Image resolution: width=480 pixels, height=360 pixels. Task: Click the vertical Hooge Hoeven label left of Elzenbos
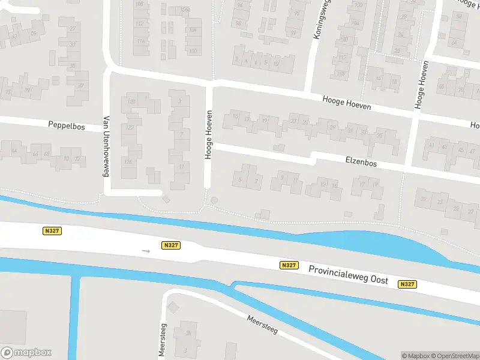[209, 134]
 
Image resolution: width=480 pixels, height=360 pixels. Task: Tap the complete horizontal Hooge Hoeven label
[347, 103]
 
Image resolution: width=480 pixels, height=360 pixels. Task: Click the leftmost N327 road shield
[52, 230]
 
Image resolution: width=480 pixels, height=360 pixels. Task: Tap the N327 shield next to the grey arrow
[171, 245]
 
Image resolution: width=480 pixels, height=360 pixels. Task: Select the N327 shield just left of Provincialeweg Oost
[288, 265]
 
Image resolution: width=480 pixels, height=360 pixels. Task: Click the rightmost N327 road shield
[407, 284]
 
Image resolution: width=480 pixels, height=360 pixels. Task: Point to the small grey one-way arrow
[146, 250]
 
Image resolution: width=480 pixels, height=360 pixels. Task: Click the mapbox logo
[26, 353]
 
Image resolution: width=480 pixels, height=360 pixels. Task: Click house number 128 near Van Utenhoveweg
[127, 161]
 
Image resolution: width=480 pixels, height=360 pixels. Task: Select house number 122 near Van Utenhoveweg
[128, 128]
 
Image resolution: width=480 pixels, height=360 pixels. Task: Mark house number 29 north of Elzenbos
[332, 127]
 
